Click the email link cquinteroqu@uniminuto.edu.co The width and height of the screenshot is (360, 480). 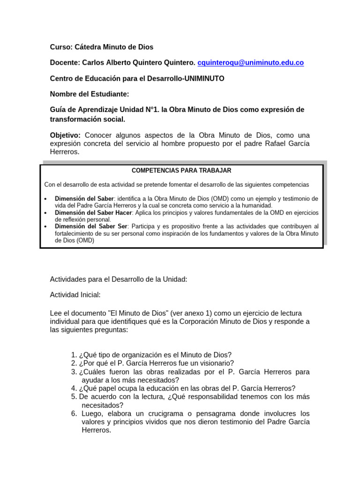[x=251, y=63]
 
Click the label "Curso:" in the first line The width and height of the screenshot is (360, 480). [x=61, y=47]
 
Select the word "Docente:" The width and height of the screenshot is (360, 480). [x=65, y=63]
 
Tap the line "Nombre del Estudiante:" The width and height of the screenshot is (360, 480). [x=90, y=94]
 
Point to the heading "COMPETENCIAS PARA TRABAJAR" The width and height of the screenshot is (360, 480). [x=181, y=171]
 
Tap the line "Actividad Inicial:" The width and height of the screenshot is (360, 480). [x=75, y=295]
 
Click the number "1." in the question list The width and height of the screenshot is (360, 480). [x=74, y=354]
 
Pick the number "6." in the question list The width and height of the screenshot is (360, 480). [x=74, y=413]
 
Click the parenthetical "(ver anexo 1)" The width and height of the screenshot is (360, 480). [x=191, y=313]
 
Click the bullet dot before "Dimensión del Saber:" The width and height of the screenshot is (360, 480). [x=45, y=199]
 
